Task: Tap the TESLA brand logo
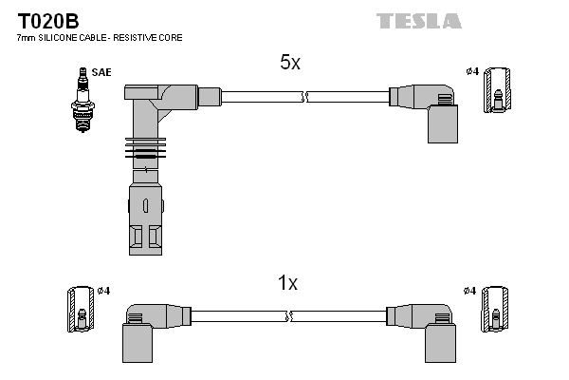[418, 20]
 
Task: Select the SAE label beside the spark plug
[101, 72]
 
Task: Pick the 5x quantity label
[289, 63]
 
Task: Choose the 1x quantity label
[287, 282]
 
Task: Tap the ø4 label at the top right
[471, 71]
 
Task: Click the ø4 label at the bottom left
[104, 290]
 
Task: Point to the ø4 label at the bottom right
[469, 290]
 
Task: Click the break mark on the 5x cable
[304, 96]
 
